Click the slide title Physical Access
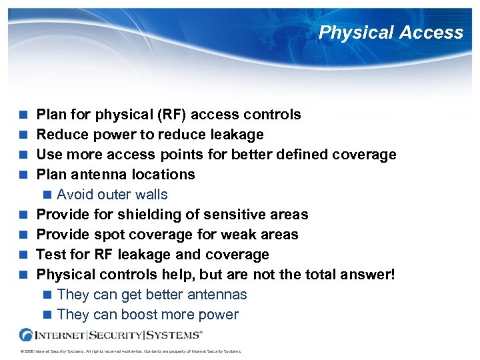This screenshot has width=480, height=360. [x=391, y=33]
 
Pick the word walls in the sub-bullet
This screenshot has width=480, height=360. [x=150, y=195]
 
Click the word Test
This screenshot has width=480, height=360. [x=51, y=255]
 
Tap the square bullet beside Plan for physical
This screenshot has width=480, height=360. [x=24, y=115]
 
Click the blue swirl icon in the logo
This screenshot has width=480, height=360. [x=27, y=335]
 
